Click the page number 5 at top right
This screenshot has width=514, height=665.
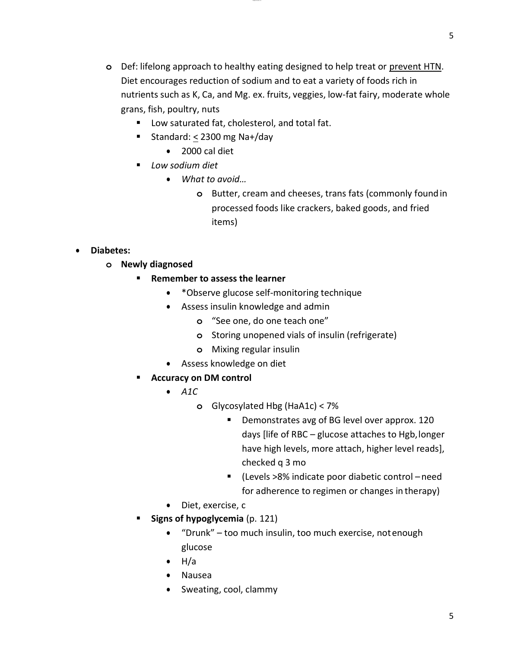[451, 36]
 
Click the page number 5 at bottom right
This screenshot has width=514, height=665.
[451, 616]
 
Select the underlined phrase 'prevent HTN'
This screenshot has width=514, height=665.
[415, 66]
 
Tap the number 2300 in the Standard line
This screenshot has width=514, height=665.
[210, 137]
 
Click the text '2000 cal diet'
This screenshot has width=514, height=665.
[207, 151]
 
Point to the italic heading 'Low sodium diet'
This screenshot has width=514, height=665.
[184, 165]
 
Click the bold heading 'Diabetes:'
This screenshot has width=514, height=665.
[110, 250]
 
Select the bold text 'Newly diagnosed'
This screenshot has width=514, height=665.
[157, 264]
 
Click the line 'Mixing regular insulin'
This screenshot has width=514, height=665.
[255, 349]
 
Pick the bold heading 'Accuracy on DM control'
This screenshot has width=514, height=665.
[201, 378]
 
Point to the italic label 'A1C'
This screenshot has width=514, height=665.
[190, 392]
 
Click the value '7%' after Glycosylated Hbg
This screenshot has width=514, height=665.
[333, 406]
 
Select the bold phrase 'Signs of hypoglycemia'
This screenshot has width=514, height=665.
[197, 519]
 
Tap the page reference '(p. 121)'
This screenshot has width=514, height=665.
[262, 519]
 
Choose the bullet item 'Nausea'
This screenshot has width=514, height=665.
[197, 575]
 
